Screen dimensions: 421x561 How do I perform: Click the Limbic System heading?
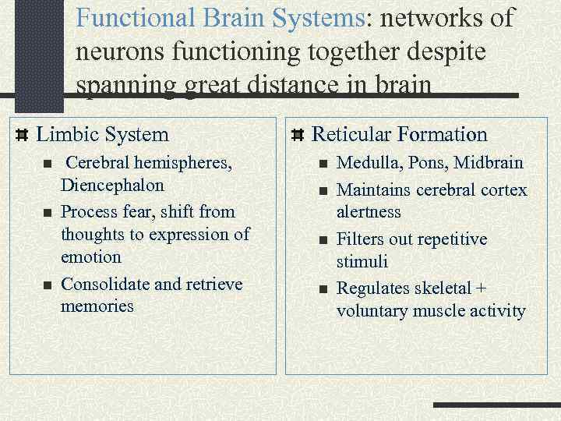pyautogui.click(x=102, y=134)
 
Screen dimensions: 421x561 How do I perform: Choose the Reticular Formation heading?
pyautogui.click(x=399, y=134)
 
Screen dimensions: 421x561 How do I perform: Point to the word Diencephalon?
pyautogui.click(x=112, y=186)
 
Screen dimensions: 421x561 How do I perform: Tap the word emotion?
pyautogui.click(x=91, y=256)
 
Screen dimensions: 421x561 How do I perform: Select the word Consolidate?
pyautogui.click(x=105, y=284)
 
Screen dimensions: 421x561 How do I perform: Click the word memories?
pyautogui.click(x=97, y=306)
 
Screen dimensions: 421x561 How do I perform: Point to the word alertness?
pyautogui.click(x=369, y=212)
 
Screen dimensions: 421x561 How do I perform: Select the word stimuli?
pyautogui.click(x=362, y=261)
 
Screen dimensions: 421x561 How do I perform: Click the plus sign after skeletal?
pyautogui.click(x=481, y=288)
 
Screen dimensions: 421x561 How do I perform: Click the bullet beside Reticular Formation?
pyautogui.click(x=297, y=135)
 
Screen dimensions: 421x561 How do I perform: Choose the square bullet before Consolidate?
pyautogui.click(x=47, y=285)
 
